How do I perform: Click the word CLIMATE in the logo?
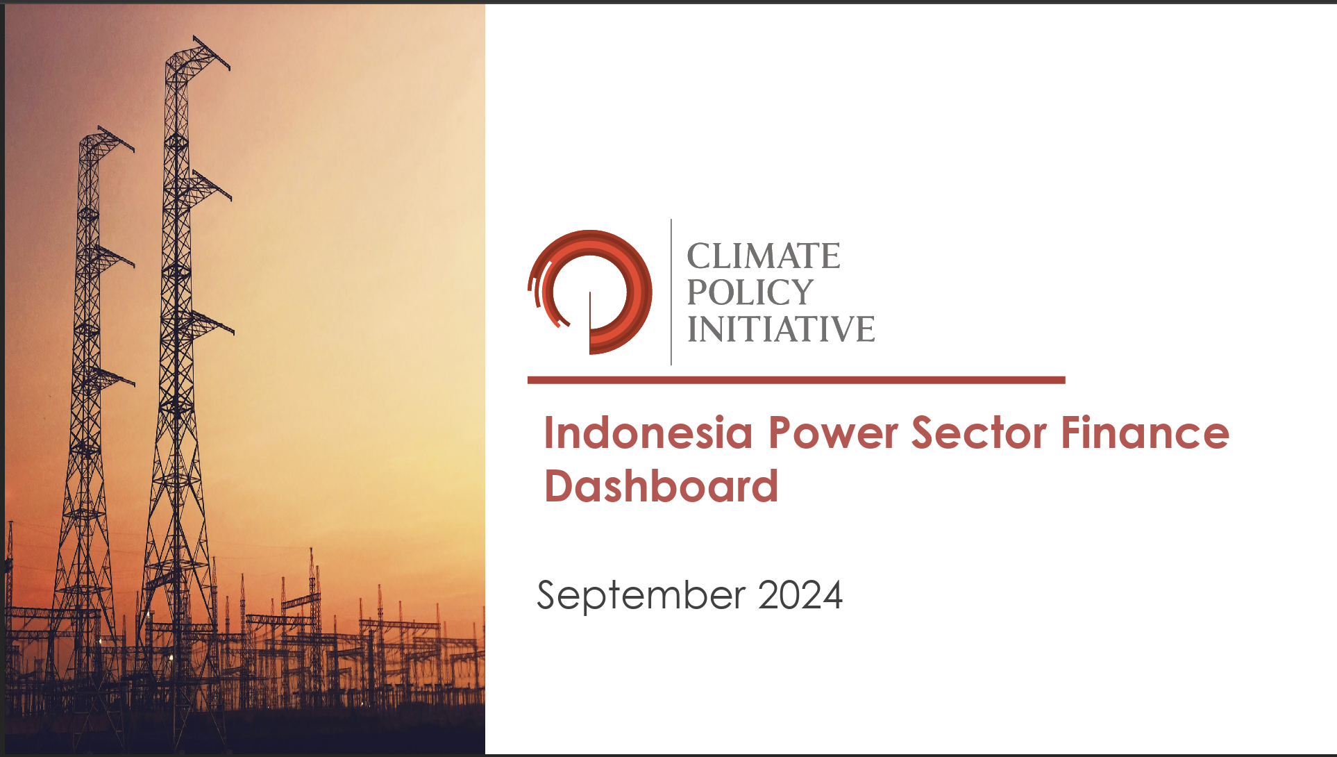coord(764,256)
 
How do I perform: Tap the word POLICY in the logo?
coord(750,292)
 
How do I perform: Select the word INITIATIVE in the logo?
coord(781,328)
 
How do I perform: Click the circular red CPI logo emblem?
coord(590,292)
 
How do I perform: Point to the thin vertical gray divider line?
coord(671,292)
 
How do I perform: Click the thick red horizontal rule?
coord(796,380)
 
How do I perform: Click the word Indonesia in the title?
coord(648,433)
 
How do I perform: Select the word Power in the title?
coord(833,433)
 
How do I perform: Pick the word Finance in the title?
coord(1145,433)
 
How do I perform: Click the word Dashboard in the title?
coord(661,485)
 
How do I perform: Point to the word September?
coord(641,596)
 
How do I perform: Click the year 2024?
coord(800,595)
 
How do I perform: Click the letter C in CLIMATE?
coord(699,256)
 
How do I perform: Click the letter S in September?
coord(549,595)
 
